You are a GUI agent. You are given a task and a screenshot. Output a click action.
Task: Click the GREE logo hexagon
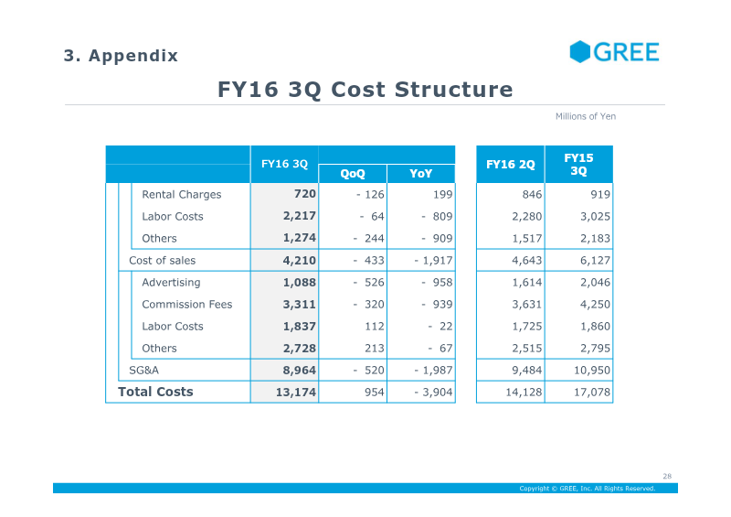(580, 51)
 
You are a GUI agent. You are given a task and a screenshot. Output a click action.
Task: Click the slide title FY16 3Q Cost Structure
(365, 89)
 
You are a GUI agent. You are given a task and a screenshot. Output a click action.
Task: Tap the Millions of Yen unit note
(586, 116)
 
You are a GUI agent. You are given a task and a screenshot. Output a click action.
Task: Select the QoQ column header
(353, 174)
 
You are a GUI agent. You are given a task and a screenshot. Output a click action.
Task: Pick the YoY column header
(420, 174)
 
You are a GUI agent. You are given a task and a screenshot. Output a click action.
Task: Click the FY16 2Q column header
(511, 165)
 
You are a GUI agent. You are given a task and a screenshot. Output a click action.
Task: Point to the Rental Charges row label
(181, 195)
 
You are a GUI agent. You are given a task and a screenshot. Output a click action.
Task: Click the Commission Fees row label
(187, 305)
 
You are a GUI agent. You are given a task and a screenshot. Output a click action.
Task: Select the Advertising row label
(171, 283)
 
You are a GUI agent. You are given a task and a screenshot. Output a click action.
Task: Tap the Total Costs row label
(155, 392)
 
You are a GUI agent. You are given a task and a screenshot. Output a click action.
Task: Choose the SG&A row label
(143, 371)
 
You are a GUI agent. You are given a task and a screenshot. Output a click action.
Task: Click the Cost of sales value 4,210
(300, 261)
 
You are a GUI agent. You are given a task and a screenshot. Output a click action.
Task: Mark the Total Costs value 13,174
(295, 393)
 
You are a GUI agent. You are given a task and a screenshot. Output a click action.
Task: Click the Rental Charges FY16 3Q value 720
(305, 194)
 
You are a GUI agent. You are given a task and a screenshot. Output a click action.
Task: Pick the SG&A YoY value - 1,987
(433, 371)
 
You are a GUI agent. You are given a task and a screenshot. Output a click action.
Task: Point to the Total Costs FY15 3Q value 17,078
(591, 393)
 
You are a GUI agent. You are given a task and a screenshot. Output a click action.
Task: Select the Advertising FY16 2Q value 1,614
(527, 283)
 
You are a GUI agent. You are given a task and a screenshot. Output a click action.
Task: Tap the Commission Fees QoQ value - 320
(368, 305)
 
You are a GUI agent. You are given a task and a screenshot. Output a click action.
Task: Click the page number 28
(667, 477)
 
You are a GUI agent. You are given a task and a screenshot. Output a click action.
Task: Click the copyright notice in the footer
(588, 489)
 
